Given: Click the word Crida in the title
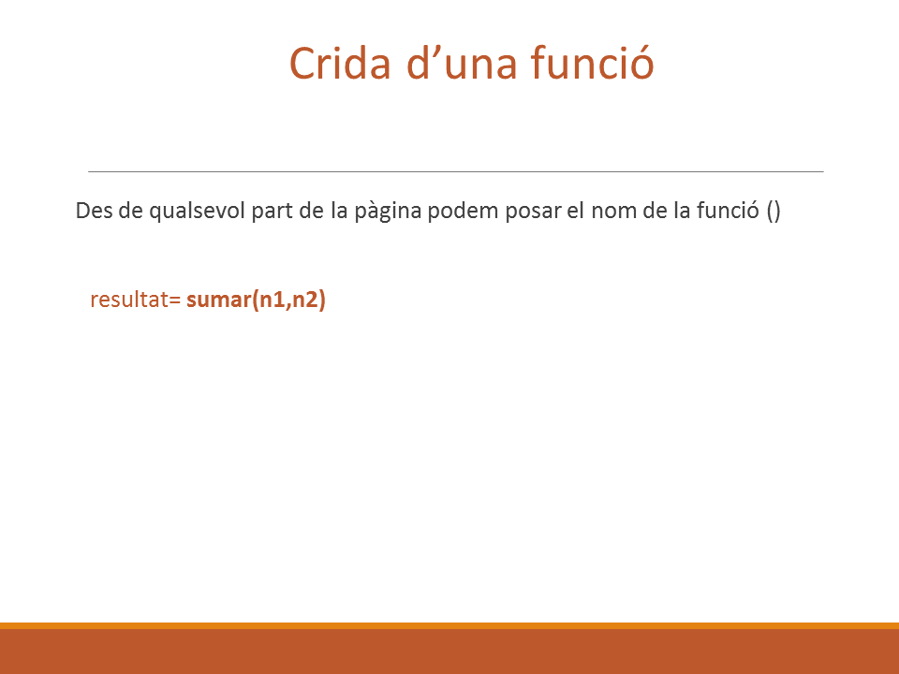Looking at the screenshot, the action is (340, 63).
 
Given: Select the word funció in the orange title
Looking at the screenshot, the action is (592, 62).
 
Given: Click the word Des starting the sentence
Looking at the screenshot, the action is (94, 211).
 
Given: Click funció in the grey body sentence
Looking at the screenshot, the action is (728, 211).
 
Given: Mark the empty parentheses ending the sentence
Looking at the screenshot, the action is (774, 211).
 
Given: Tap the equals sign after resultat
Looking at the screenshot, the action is (175, 300).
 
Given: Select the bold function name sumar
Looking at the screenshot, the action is (219, 300).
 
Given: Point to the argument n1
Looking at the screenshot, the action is (273, 300).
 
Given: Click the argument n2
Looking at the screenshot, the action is (305, 300).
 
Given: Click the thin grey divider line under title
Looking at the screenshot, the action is (456, 171).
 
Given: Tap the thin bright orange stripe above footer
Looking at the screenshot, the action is (449, 625).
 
